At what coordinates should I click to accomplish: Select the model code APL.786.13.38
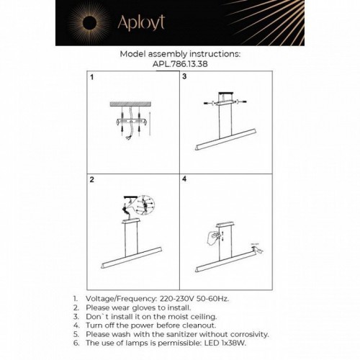tap(179, 62)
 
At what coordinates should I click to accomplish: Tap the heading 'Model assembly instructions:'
tap(179, 53)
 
